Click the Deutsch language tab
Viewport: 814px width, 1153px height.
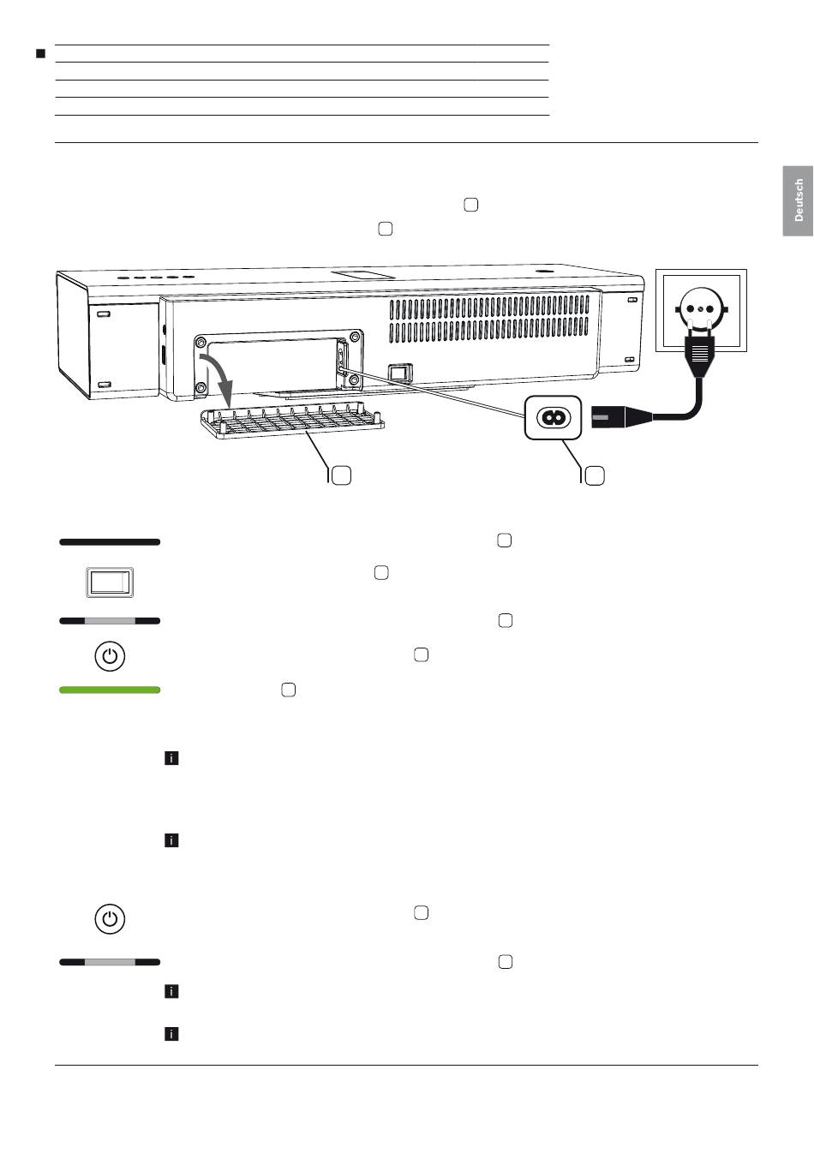click(798, 200)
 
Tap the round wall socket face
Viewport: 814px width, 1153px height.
click(702, 308)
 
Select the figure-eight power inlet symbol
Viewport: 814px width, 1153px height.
click(554, 417)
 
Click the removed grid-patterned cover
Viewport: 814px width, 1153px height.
click(291, 422)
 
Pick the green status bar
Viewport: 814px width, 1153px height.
click(110, 690)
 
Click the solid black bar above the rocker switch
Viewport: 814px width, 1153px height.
click(110, 542)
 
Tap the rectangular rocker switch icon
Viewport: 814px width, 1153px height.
click(111, 582)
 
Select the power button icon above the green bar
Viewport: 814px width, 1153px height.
click(110, 657)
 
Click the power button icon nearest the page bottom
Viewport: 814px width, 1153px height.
click(110, 918)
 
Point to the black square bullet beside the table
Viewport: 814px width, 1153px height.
click(40, 54)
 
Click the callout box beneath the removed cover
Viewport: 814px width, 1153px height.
click(341, 475)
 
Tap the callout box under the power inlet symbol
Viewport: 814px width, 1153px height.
click(595, 475)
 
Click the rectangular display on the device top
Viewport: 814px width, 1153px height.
click(362, 275)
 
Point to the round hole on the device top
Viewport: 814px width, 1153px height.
click(542, 274)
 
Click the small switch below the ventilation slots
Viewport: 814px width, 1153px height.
click(399, 373)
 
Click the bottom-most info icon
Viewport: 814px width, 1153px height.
click(171, 1034)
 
